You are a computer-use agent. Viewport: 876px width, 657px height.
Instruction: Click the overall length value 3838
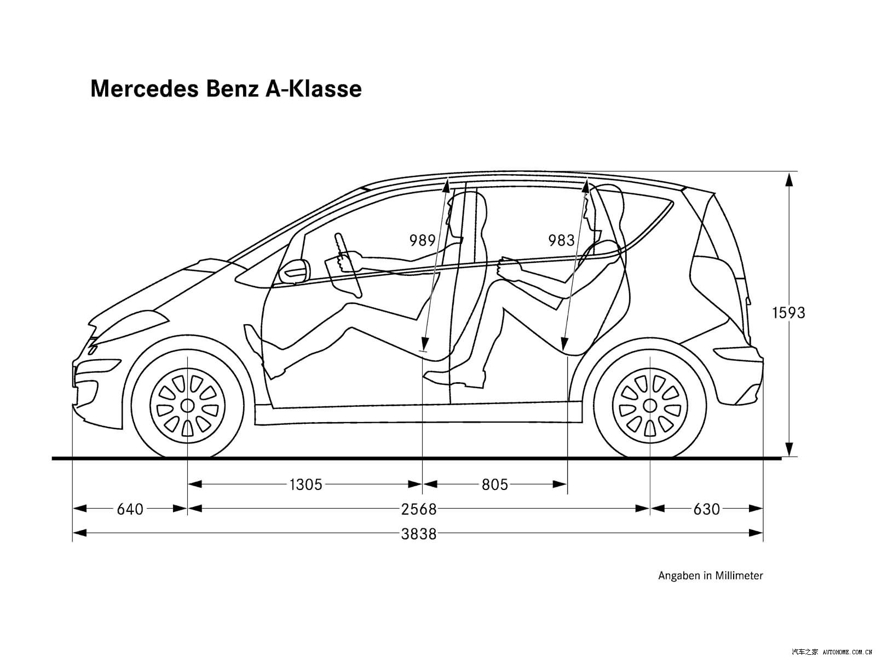[419, 534]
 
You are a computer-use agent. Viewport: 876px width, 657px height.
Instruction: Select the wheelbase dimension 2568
[419, 509]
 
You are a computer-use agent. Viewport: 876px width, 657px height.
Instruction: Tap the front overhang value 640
[130, 509]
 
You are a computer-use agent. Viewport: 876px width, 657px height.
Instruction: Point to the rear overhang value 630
[706, 509]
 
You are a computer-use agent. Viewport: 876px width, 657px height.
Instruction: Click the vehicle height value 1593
[788, 313]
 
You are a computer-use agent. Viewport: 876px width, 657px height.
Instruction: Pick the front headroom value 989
[422, 240]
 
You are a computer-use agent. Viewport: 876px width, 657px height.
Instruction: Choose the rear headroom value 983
[561, 240]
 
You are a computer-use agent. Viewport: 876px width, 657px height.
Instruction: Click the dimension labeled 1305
[306, 485]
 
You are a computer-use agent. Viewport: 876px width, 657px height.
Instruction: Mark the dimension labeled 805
[495, 485]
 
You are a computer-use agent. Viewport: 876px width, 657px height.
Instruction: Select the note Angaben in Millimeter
[710, 575]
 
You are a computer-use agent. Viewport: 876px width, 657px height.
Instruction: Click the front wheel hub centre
[187, 406]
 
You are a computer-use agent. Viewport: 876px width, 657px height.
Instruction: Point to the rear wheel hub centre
[650, 406]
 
